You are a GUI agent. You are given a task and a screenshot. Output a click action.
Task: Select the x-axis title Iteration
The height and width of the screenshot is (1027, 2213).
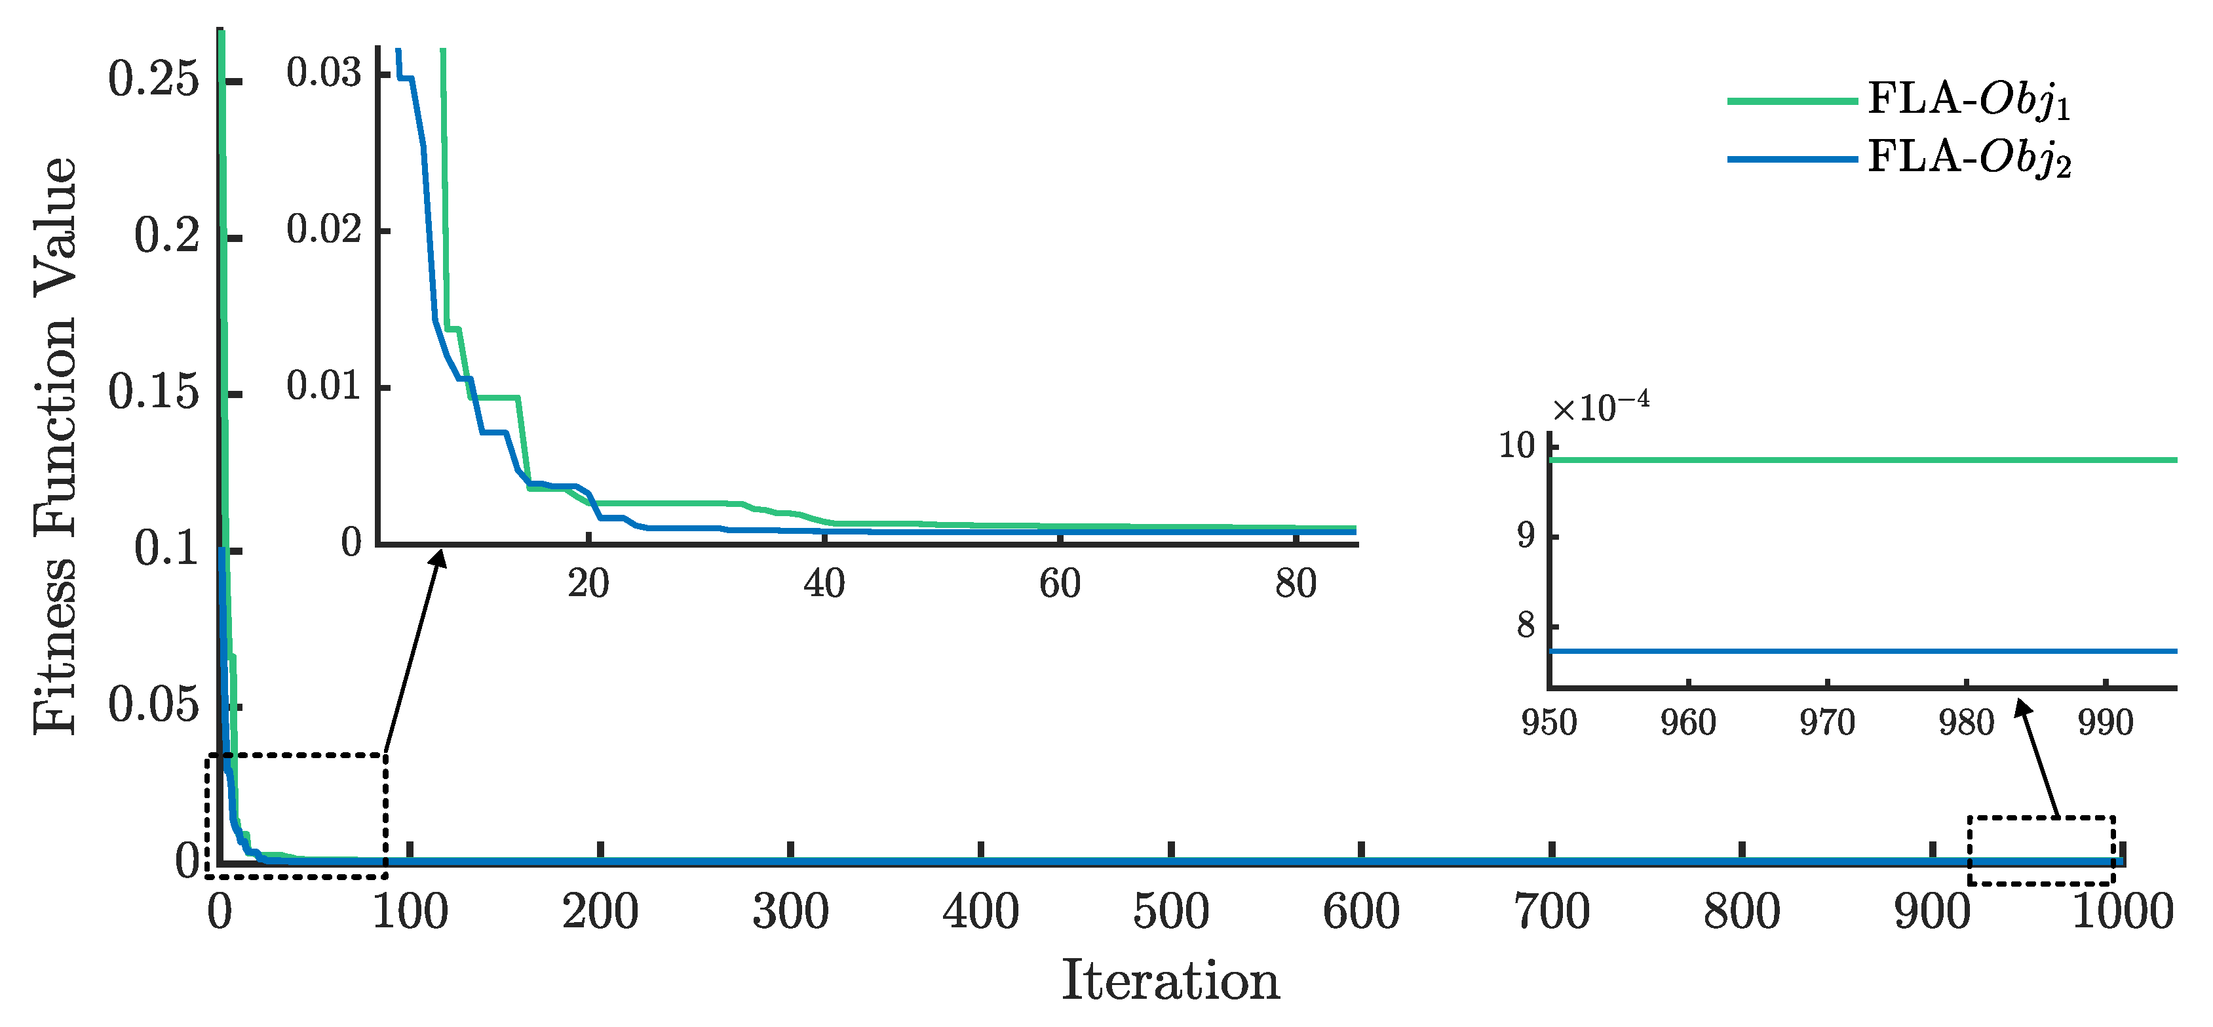(1170, 980)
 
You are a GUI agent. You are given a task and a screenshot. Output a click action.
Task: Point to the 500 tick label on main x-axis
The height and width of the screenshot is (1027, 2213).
(1170, 912)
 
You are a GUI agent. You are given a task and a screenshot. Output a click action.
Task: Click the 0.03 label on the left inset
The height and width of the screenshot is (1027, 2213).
(323, 73)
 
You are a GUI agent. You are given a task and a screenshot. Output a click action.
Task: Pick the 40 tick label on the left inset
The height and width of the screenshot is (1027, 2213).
(824, 584)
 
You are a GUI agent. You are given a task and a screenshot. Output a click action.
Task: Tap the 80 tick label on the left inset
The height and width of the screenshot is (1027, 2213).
(1296, 584)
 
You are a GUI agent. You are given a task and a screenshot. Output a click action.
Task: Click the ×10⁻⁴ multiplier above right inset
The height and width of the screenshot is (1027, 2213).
(1600, 407)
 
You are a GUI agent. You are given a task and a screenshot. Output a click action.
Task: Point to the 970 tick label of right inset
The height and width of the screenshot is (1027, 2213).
(1827, 723)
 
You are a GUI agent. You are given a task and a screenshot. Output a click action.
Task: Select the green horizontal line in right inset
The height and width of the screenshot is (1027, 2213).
(1864, 460)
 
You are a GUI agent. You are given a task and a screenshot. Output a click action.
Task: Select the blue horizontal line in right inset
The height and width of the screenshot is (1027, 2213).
(1864, 651)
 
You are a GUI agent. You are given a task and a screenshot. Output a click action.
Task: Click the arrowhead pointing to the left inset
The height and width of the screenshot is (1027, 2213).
(440, 559)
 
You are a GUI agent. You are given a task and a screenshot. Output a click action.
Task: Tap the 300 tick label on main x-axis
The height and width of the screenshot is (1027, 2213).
(790, 912)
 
